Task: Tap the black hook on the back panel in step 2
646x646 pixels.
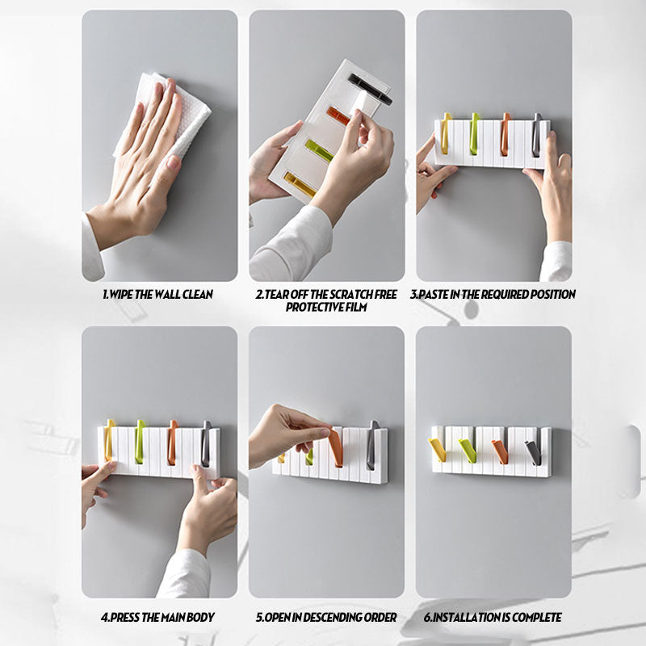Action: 369,88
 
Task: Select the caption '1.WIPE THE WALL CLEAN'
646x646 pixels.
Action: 157,294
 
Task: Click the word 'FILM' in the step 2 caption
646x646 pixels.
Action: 356,307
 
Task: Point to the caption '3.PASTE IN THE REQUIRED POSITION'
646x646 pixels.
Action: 493,294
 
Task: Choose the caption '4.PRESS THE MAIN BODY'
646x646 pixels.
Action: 157,617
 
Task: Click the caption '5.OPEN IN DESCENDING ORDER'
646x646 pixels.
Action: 326,617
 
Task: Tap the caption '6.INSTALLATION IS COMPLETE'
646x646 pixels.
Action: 493,617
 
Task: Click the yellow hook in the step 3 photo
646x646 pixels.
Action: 446,133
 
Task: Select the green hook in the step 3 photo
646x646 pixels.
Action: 475,134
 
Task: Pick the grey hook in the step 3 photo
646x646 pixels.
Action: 535,135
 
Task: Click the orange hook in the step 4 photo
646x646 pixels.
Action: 172,443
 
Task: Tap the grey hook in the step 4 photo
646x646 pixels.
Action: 206,443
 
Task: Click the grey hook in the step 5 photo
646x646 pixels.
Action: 372,445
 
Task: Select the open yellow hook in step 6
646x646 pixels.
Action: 437,451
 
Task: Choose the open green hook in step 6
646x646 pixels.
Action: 468,451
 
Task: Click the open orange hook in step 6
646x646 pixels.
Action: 500,452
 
